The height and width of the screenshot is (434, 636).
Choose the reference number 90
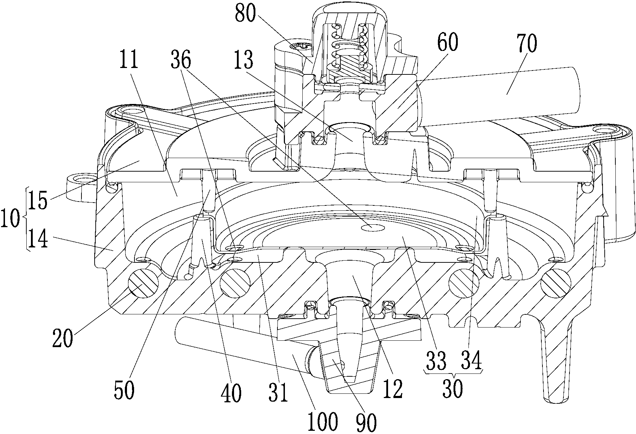coord(366,422)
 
